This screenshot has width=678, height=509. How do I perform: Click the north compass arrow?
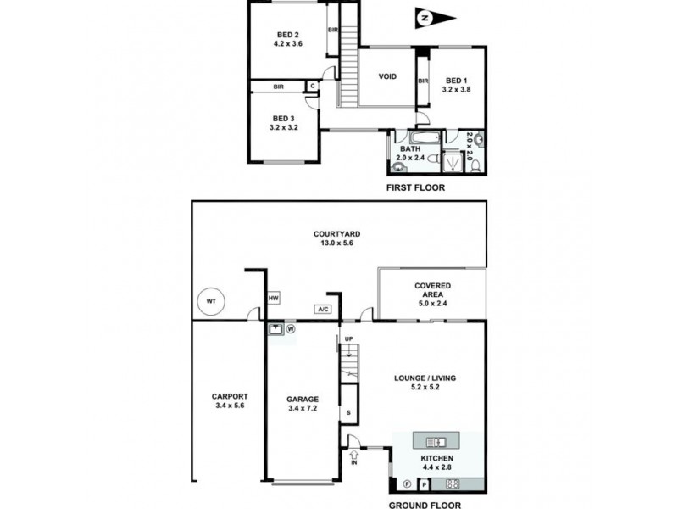436,18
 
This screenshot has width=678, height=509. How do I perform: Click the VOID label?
387,76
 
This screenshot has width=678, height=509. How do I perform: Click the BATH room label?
410,153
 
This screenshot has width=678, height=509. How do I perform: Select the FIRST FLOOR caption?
414,187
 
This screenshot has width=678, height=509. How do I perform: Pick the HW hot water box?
274,299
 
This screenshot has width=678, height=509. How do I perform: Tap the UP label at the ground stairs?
348,339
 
